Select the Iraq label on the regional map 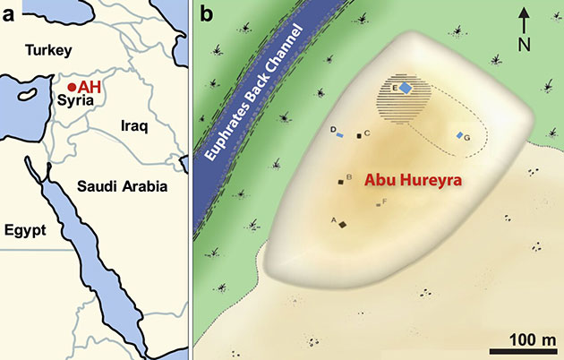[134, 127]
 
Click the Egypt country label [26, 229]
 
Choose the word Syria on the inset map [75, 103]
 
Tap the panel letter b [206, 13]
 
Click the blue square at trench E [406, 88]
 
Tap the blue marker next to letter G [460, 135]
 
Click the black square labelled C [359, 136]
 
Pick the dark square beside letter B [341, 181]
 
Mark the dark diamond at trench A [342, 224]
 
